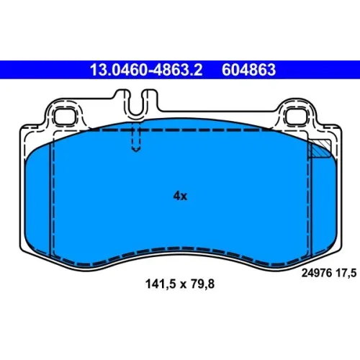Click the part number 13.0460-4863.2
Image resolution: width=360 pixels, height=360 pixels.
click(x=146, y=70)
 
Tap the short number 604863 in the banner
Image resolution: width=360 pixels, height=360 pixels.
click(x=248, y=70)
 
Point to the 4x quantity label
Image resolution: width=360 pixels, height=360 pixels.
click(x=180, y=196)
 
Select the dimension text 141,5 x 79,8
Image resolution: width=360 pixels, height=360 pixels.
click(x=180, y=284)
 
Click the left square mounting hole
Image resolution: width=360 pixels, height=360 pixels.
click(x=64, y=117)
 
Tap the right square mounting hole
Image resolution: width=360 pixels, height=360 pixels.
click(x=297, y=117)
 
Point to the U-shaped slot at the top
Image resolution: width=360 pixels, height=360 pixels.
click(x=136, y=107)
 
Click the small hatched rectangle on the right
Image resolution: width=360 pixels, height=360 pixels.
click(x=320, y=149)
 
